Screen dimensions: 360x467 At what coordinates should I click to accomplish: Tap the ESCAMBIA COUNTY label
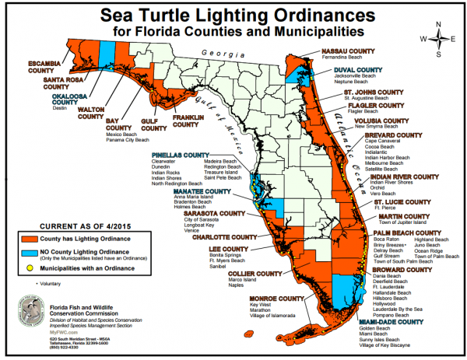[x=26, y=63]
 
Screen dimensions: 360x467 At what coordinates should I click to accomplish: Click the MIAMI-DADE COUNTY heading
[x=392, y=321]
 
